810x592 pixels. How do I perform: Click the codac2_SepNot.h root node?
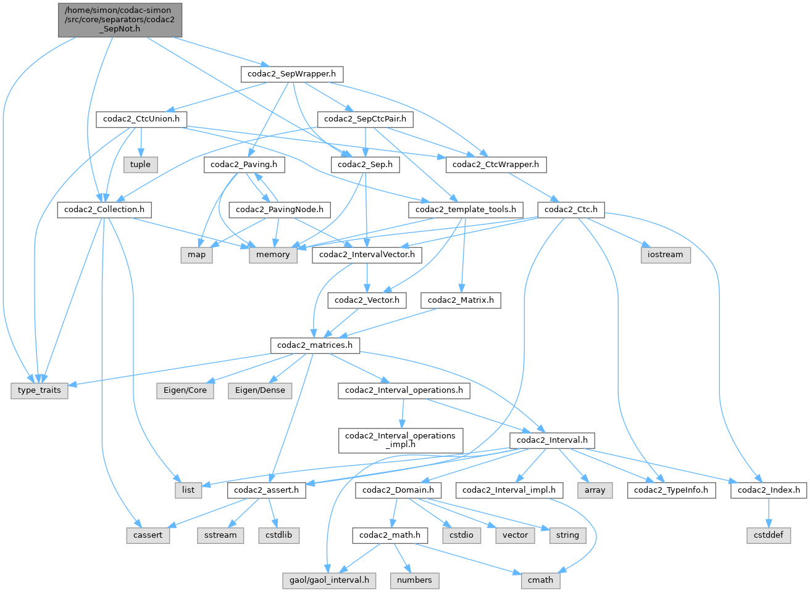tap(120, 20)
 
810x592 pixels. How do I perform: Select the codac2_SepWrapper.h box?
tap(291, 74)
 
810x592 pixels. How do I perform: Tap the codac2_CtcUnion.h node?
tap(141, 118)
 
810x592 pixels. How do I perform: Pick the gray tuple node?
tap(140, 164)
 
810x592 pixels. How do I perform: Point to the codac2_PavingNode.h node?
tap(280, 210)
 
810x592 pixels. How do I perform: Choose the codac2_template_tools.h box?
tap(466, 210)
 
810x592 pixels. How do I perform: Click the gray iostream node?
tap(665, 255)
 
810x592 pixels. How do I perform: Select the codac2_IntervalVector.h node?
tap(367, 255)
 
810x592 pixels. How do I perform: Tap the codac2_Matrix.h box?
tap(461, 300)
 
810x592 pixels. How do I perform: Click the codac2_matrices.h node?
tap(315, 345)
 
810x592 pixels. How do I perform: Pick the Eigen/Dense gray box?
tap(260, 390)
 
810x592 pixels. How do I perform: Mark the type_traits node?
tap(40, 390)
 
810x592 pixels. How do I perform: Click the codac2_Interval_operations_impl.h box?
tap(400, 440)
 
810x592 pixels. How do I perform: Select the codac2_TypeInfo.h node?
tap(671, 490)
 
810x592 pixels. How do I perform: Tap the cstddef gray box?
tap(769, 535)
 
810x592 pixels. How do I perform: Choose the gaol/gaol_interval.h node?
tap(330, 580)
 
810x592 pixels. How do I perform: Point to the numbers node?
tap(414, 580)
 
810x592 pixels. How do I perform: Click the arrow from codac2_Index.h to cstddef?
tap(769, 512)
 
